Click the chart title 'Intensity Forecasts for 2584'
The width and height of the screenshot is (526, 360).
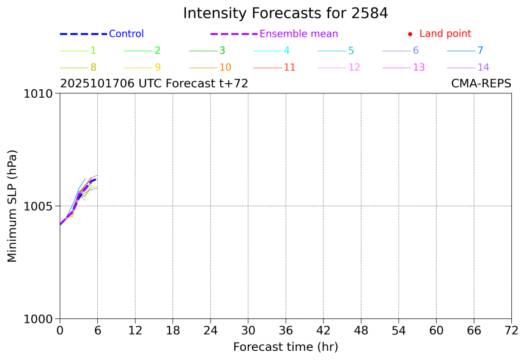click(285, 13)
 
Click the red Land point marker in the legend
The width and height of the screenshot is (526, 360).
click(410, 34)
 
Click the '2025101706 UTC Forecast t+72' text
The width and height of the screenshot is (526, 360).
click(154, 84)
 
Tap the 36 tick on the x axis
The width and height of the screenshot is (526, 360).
click(286, 331)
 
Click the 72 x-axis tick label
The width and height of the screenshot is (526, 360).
click(511, 331)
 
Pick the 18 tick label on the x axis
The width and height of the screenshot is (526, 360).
click(173, 331)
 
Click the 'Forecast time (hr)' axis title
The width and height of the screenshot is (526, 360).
click(285, 347)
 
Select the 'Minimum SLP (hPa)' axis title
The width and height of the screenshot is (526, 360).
click(12, 206)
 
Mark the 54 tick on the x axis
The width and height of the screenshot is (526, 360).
click(399, 331)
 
